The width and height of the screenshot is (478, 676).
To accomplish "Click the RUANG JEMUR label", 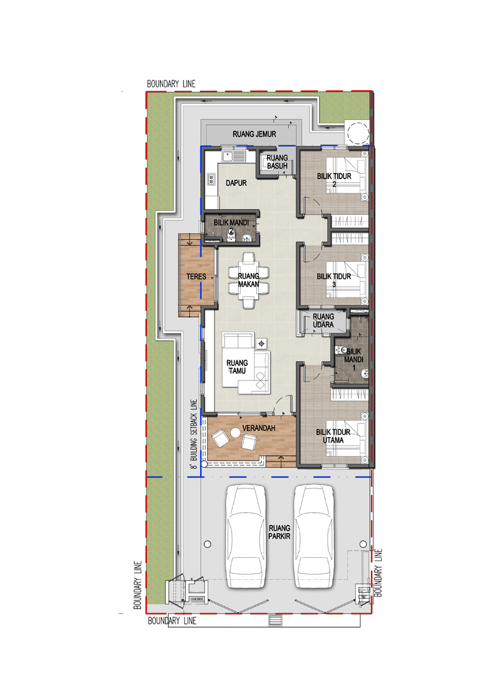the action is pos(254,134).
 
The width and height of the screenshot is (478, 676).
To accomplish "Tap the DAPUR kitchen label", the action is pos(236,183).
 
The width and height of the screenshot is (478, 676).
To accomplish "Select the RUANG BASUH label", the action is pos(277,162).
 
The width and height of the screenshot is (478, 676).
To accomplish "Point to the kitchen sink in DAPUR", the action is pos(234,156).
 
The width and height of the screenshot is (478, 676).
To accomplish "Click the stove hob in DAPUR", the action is pos(211,179).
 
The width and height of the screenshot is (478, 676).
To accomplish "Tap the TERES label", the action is pos(197,276).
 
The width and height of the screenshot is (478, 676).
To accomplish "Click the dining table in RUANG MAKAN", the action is pos(249,280).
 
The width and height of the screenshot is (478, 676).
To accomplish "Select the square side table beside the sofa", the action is pos(261,343).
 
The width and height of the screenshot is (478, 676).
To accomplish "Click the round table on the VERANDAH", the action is pos(235,432).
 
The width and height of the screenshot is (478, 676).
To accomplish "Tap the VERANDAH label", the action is pos(258,428).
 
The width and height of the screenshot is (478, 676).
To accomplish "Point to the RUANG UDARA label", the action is pos(323,320).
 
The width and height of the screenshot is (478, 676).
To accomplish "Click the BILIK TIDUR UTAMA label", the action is pos(333,436).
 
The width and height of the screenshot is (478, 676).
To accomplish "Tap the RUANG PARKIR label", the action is pos(280,532).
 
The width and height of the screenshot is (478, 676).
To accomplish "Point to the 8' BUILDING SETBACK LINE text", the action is pos(194,434).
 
